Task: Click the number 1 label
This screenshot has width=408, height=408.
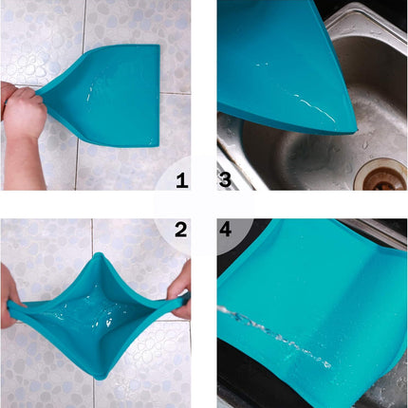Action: (182, 178)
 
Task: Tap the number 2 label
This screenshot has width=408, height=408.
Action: (182, 231)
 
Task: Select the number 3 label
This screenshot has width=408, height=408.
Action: (229, 178)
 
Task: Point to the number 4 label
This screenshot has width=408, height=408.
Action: (229, 231)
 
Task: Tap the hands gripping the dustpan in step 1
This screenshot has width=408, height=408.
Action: (23, 111)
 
